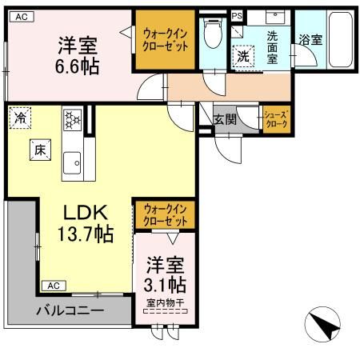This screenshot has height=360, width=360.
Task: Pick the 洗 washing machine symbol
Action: tap(242, 57)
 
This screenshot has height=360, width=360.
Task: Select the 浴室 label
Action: tap(310, 38)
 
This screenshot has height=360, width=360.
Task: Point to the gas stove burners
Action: tap(73, 120)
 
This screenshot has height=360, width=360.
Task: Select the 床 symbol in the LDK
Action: tap(38, 149)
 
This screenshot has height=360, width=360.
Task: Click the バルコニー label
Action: tap(69, 310)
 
